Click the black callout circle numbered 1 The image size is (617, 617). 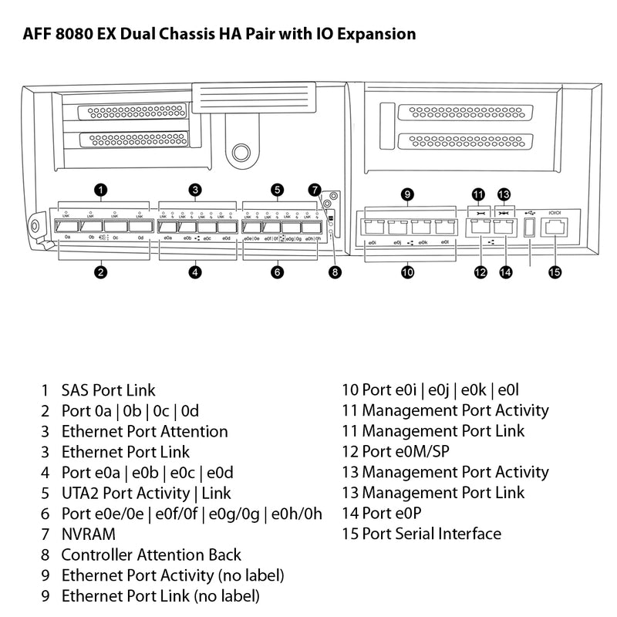99,189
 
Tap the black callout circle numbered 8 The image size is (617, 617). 335,271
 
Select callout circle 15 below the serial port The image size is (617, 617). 555,271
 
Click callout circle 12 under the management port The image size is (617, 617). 481,271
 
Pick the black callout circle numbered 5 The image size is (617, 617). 277,189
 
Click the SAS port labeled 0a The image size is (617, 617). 68,227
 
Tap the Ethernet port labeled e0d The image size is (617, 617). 227,227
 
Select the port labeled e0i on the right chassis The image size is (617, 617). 372,228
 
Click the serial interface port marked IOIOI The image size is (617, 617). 555,228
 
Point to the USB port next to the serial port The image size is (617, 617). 529,228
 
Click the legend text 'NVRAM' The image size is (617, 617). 88,534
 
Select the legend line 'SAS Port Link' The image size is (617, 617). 108,390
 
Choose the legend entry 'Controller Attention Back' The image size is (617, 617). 151,555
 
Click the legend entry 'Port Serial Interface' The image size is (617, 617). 431,534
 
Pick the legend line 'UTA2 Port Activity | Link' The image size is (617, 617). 146,493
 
